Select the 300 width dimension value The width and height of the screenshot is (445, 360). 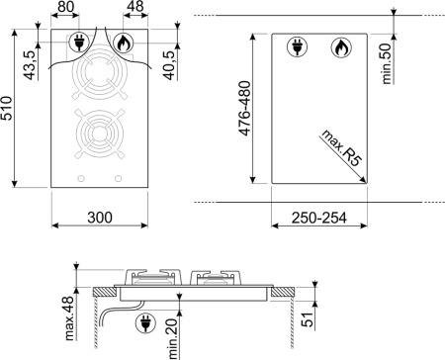99,217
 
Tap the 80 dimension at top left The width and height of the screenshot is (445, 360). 66,8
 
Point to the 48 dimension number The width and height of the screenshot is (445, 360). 133,8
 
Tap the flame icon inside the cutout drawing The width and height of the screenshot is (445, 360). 339,46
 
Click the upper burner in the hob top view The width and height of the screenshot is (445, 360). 99,77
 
